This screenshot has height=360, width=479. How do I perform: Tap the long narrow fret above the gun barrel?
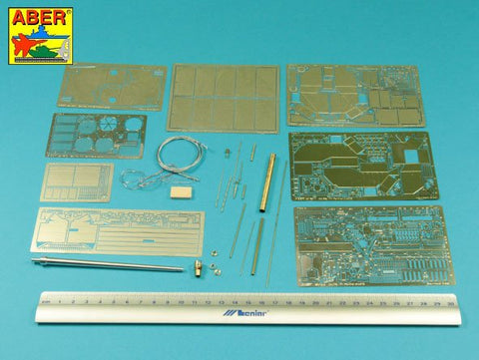[x=120, y=231]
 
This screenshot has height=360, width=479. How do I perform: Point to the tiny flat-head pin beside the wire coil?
[x=228, y=153]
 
